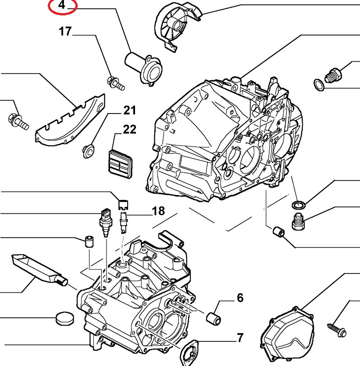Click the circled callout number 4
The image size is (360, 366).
(62, 6)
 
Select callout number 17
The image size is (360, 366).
(65, 32)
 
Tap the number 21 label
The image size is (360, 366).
(129, 110)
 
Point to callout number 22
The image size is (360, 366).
(129, 130)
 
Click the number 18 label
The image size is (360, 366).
(158, 211)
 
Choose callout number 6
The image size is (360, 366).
(240, 298)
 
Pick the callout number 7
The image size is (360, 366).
(240, 338)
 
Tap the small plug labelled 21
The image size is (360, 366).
(89, 150)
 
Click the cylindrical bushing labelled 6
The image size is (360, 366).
(213, 316)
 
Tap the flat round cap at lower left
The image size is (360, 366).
(64, 318)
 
